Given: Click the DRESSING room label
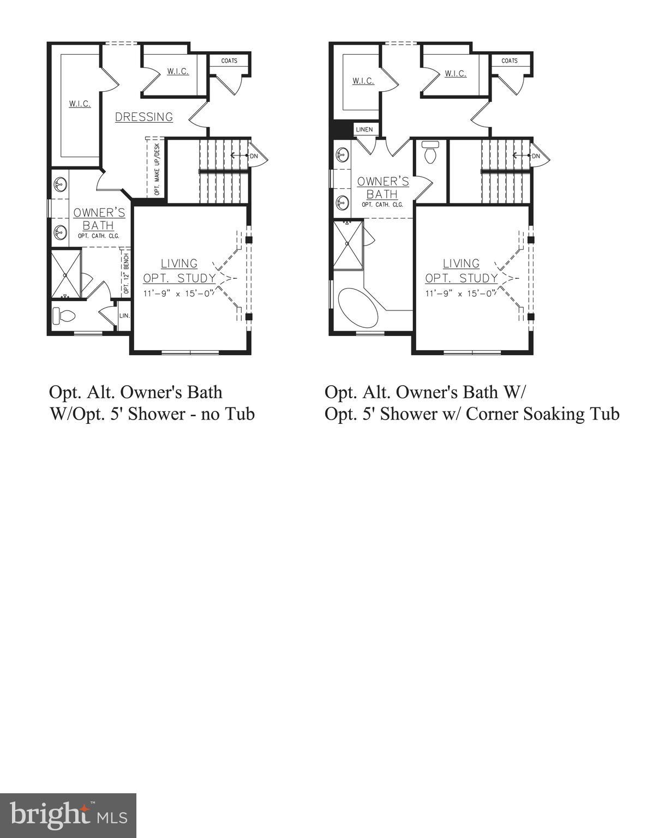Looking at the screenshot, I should click(144, 117).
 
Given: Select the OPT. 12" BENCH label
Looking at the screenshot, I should click(127, 274).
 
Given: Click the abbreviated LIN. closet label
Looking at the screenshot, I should click(124, 315).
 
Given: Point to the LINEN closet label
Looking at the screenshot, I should click(364, 129).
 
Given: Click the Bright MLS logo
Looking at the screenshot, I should click(68, 815).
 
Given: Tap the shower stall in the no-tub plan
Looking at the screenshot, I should click(65, 274).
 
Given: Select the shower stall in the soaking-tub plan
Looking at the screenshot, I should click(348, 245).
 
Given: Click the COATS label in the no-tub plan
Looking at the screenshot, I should click(229, 61).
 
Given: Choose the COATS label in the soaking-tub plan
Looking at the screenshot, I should click(510, 61).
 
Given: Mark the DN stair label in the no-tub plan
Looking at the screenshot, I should click(254, 156).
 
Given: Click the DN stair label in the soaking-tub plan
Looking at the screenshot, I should click(536, 156).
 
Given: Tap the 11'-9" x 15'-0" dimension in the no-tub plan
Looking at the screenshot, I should click(179, 293).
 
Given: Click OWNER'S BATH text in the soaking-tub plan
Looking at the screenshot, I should click(382, 188).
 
